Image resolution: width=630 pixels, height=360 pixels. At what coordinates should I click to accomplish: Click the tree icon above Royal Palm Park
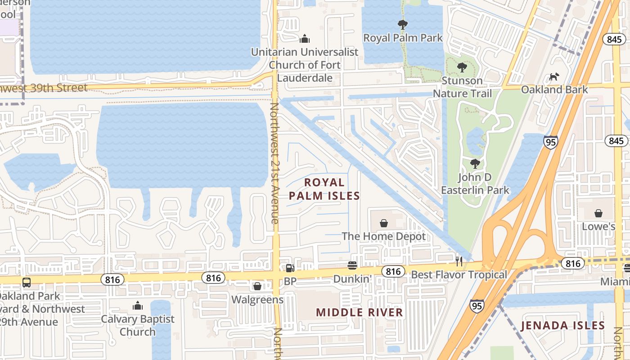point(403,24)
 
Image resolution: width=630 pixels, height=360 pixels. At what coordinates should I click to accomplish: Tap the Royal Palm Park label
point(403,38)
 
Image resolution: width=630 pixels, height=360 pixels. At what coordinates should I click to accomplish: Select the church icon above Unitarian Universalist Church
point(305,39)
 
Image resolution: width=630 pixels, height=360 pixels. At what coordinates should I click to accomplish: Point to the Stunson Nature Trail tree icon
point(462,67)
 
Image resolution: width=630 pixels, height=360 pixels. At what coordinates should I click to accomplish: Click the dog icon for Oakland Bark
point(554,76)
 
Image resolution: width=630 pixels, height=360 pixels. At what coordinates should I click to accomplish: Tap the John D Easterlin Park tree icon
point(475,163)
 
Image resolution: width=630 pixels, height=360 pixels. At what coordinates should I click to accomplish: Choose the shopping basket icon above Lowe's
point(598,213)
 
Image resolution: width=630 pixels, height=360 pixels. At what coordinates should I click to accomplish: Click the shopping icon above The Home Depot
point(384,223)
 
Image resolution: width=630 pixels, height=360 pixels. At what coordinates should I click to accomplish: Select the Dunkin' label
point(351,279)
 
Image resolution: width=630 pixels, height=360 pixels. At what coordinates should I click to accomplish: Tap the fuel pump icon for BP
point(290,268)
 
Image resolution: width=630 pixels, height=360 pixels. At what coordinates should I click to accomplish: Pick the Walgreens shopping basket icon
point(257,286)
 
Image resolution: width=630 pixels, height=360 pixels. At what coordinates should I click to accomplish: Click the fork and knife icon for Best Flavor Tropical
point(459,261)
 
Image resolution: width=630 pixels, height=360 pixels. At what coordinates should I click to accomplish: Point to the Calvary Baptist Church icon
point(138,306)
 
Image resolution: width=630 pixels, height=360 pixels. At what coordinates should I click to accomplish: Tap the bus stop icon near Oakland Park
point(27,283)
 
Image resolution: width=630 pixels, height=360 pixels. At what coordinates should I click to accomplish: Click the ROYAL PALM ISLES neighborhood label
point(324,189)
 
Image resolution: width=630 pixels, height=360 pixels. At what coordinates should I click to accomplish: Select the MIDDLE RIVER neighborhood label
point(360,312)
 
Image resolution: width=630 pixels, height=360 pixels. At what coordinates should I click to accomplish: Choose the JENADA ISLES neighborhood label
point(562,325)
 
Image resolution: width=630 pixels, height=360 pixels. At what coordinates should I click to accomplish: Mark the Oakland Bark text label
point(554,90)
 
